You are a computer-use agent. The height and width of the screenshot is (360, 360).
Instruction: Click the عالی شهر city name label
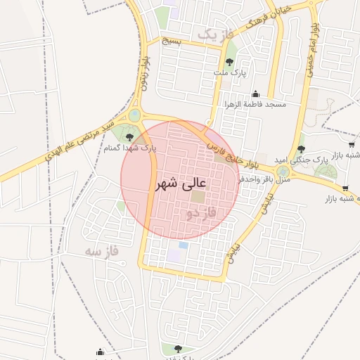pyautogui.click(x=181, y=186)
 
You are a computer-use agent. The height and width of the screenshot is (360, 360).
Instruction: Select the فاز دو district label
pyautogui.click(x=202, y=212)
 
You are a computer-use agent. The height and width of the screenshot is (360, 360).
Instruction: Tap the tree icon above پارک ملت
pyautogui.click(x=229, y=62)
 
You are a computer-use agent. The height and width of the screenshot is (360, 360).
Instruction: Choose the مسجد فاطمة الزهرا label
pyautogui.click(x=255, y=104)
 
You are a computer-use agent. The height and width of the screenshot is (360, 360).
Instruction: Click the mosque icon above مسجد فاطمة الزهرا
pyautogui.click(x=255, y=94)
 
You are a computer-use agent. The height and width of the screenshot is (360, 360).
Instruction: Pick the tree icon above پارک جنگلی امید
pyautogui.click(x=301, y=148)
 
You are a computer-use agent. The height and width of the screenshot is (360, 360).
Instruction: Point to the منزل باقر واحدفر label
pyautogui.click(x=261, y=179)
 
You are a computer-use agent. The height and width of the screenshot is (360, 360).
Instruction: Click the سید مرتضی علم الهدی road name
pyautogui.click(x=82, y=141)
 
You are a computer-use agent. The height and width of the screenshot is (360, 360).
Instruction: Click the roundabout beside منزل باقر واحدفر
pyautogui.click(x=283, y=171)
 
